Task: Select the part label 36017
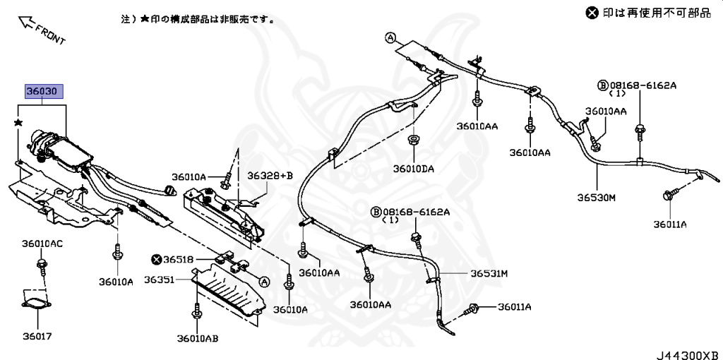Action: point(36,337)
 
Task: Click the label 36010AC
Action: point(42,244)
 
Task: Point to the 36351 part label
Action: point(160,280)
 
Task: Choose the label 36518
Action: point(178,260)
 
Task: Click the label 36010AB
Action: point(197,338)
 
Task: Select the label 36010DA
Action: point(414,168)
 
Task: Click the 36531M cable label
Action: point(489,273)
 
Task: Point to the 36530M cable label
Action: point(597,198)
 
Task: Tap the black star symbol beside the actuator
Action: point(18,123)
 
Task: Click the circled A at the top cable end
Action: point(390,37)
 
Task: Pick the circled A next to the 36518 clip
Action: point(265,281)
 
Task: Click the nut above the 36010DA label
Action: point(412,138)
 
